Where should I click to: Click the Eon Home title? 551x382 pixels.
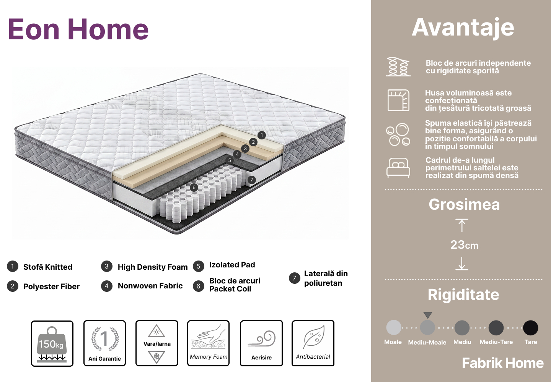(x=78, y=29)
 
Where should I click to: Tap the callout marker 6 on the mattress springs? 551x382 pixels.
(x=194, y=188)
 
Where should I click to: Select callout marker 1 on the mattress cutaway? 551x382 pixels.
(x=262, y=135)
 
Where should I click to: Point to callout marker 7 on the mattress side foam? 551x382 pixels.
(x=251, y=180)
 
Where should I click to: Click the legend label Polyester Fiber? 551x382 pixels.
(x=51, y=286)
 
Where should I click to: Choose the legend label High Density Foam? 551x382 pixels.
(x=153, y=267)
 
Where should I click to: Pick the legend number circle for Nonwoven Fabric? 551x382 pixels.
(x=107, y=286)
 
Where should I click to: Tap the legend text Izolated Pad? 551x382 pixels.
(x=232, y=265)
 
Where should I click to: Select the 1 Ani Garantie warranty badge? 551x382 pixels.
(x=104, y=343)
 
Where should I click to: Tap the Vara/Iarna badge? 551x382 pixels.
(x=157, y=343)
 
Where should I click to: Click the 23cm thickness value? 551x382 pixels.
(x=465, y=245)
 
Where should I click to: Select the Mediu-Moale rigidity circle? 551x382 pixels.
(x=427, y=327)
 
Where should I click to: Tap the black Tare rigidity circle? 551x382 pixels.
(x=531, y=328)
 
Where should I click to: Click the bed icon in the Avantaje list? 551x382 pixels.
(x=398, y=168)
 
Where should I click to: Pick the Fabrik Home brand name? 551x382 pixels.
(x=503, y=363)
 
